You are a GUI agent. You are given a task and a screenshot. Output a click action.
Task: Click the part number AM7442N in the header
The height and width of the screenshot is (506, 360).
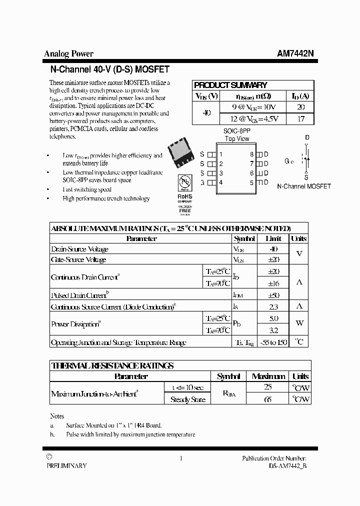coord(295,54)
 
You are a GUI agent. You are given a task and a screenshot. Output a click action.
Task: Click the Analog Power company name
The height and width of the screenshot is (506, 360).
coord(69,54)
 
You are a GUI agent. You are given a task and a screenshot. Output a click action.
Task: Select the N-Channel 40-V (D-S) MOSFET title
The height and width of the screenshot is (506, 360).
coord(110,69)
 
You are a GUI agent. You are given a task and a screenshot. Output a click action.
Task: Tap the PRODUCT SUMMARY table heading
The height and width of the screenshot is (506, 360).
coord(230,85)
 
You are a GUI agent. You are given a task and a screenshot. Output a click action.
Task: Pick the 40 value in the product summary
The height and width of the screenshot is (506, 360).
coord(206,113)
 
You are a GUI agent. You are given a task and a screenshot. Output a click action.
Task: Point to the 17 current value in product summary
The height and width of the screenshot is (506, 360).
coord(300,119)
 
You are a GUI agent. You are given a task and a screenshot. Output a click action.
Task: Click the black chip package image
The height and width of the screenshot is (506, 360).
coord(181,153)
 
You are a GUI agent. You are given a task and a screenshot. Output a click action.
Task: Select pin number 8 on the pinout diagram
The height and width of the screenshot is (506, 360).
coord(252,154)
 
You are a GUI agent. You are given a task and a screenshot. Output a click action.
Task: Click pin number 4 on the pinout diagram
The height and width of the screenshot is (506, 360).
coord(220,182)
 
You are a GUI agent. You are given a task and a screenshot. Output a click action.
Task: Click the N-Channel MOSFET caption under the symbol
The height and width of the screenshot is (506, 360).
coord(304,186)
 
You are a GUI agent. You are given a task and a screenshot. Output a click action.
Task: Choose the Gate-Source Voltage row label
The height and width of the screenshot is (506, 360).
coord(78,259)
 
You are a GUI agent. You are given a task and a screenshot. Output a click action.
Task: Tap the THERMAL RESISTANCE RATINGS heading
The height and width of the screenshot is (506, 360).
coord(112,365)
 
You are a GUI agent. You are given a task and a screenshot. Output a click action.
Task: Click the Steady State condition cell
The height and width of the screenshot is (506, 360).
coord(187,399)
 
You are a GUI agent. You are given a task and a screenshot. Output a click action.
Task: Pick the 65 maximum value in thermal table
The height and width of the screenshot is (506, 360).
coord(268,399)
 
